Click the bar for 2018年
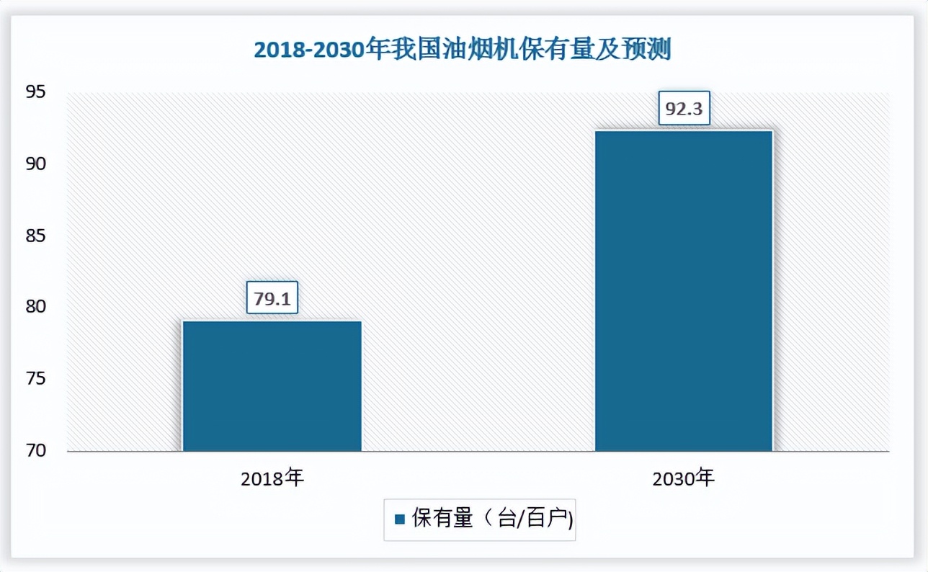click(x=272, y=386)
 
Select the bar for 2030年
click(x=683, y=291)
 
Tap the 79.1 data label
click(x=272, y=298)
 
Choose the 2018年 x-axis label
click(x=272, y=477)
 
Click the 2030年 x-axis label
click(x=683, y=477)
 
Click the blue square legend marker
click(x=399, y=519)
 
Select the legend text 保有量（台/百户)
click(x=492, y=519)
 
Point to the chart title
click(x=463, y=50)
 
